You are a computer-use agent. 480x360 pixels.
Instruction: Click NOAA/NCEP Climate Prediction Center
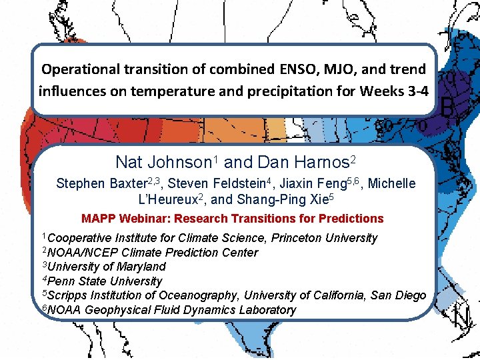(153, 253)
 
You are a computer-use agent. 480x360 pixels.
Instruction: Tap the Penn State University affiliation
(105, 281)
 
